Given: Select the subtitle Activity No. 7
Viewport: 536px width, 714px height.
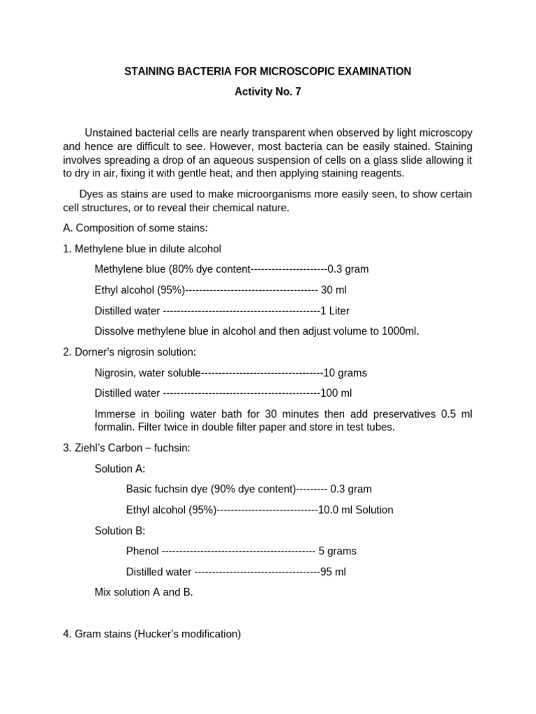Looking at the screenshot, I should pos(267,91).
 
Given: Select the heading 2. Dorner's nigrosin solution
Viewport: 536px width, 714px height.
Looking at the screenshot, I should pos(130,352).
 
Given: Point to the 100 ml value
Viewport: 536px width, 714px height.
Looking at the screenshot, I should pos(336,393).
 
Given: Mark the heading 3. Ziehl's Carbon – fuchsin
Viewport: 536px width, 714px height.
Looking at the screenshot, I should pos(126,448).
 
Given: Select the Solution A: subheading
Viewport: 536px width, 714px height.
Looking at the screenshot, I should pos(120,469).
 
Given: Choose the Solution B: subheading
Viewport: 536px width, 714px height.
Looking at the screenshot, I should pos(120,531).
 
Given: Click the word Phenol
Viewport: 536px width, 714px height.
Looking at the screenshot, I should pos(142,552).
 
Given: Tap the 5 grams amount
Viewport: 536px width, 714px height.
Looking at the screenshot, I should pos(337,552).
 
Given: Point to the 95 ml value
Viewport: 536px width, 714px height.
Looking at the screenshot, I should pos(333,572).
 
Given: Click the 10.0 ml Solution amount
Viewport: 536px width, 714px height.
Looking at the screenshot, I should pos(355,510).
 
